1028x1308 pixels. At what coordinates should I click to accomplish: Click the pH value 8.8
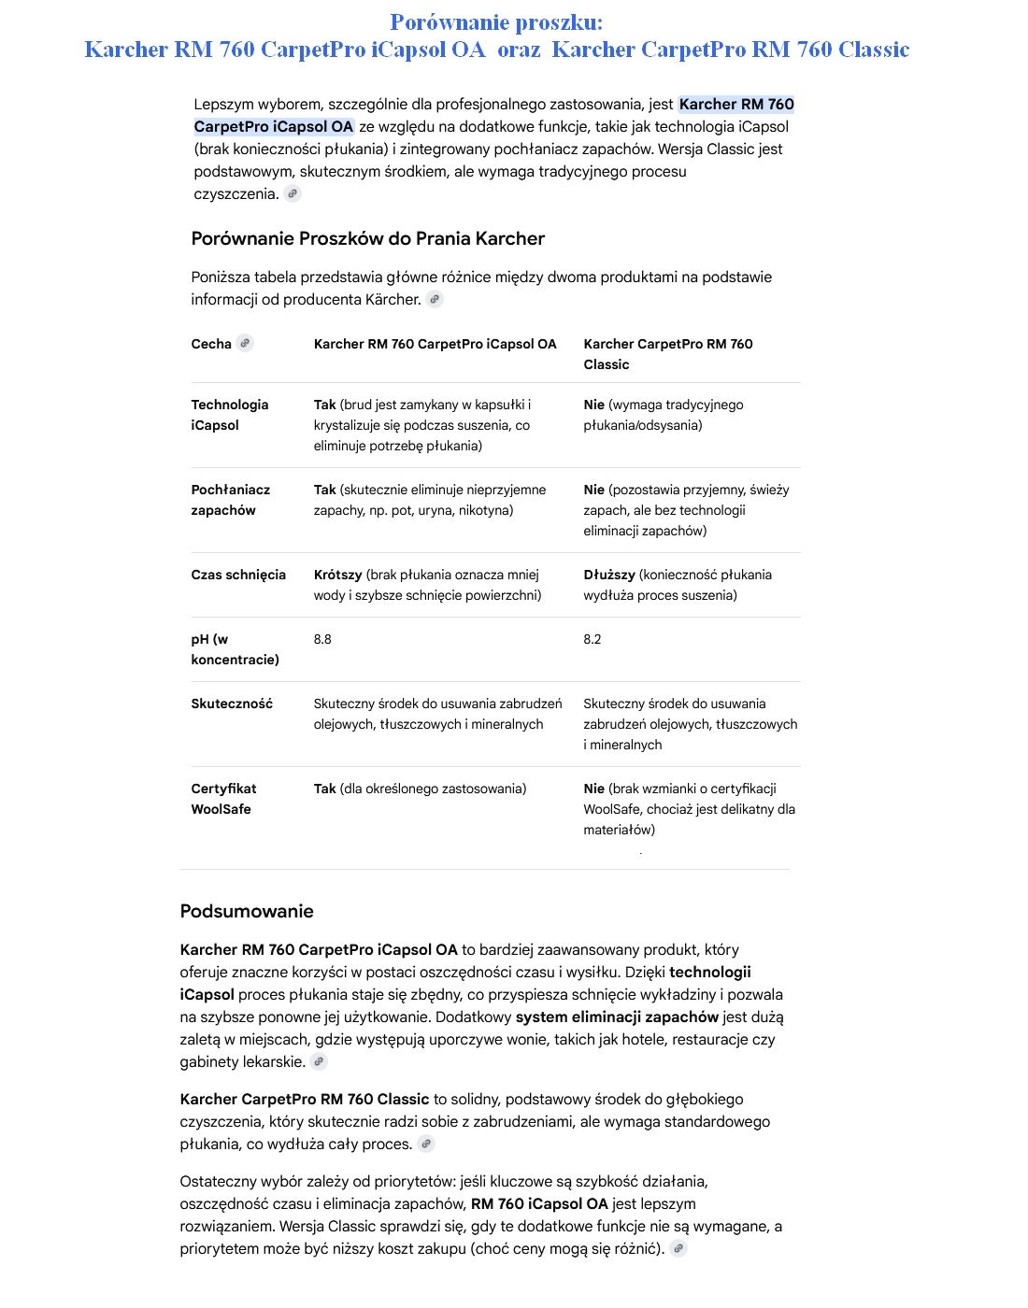322,639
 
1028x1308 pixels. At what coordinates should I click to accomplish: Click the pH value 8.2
593,639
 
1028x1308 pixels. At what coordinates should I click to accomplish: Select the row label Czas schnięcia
238,575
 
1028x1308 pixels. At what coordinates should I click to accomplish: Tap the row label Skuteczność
232,704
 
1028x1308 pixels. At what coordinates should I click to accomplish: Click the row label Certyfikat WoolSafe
223,799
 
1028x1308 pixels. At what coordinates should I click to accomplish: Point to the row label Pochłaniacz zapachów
231,500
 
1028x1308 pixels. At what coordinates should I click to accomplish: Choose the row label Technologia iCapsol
230,415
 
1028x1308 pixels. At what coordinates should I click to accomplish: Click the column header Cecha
211,344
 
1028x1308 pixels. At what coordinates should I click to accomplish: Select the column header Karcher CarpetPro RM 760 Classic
668,354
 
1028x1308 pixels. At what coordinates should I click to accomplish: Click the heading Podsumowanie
247,911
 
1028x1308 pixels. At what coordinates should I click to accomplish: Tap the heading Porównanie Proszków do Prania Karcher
367,238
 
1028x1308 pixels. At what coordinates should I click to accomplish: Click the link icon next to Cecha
245,343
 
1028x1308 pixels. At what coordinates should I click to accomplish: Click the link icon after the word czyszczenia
293,193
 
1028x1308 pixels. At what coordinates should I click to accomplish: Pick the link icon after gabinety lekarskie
319,1061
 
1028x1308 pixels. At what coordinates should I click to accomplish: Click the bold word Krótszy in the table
337,575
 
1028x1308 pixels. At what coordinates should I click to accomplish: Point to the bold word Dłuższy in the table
609,575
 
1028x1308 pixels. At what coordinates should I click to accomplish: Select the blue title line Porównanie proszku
496,22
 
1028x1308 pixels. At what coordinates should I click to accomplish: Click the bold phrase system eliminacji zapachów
617,1017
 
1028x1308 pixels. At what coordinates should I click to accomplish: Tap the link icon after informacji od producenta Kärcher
435,299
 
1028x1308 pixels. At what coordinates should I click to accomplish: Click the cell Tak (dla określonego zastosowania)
420,789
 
